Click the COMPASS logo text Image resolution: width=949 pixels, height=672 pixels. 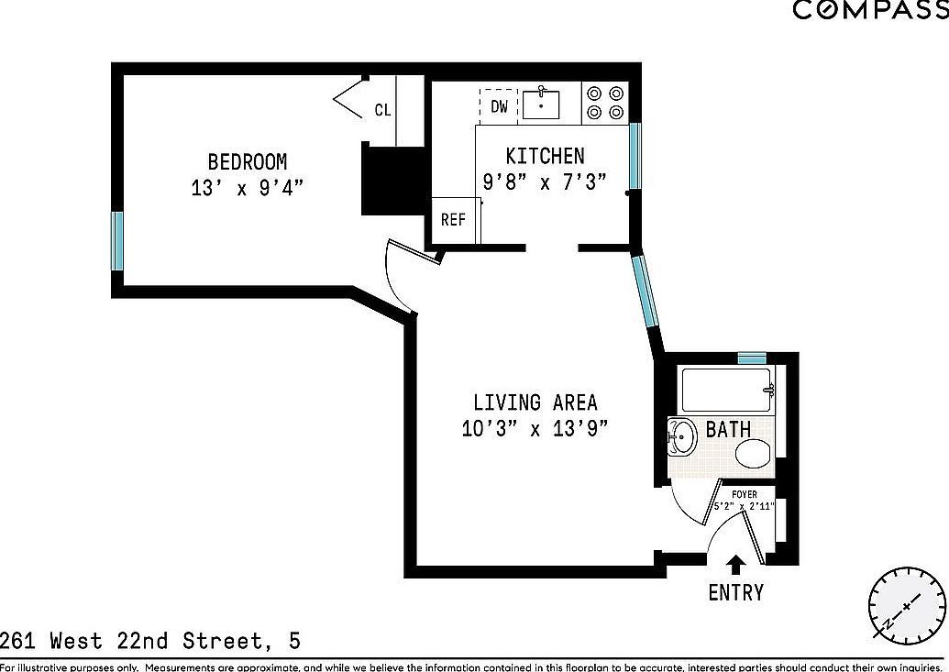pyautogui.click(x=869, y=10)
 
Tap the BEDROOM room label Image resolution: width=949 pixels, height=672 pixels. pyautogui.click(x=247, y=162)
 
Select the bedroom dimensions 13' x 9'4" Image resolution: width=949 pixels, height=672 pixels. pyautogui.click(x=247, y=189)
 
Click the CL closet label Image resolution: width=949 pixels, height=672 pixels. pyautogui.click(x=382, y=110)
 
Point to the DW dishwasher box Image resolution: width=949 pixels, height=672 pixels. pyautogui.click(x=499, y=106)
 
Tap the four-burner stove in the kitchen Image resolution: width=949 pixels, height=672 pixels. pyautogui.click(x=605, y=103)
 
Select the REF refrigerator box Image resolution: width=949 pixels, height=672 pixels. pyautogui.click(x=453, y=220)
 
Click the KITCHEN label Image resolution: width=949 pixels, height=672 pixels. pyautogui.click(x=545, y=156)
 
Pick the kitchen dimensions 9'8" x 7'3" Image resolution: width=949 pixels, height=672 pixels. pyautogui.click(x=545, y=182)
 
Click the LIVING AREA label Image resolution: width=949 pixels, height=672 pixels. pyautogui.click(x=535, y=402)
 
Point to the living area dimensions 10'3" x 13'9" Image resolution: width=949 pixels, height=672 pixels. pyautogui.click(x=535, y=428)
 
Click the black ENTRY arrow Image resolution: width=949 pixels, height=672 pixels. pyautogui.click(x=734, y=564)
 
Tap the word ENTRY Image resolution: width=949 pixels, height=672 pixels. pyautogui.click(x=735, y=592)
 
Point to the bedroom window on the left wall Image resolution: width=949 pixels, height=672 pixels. pyautogui.click(x=117, y=241)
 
